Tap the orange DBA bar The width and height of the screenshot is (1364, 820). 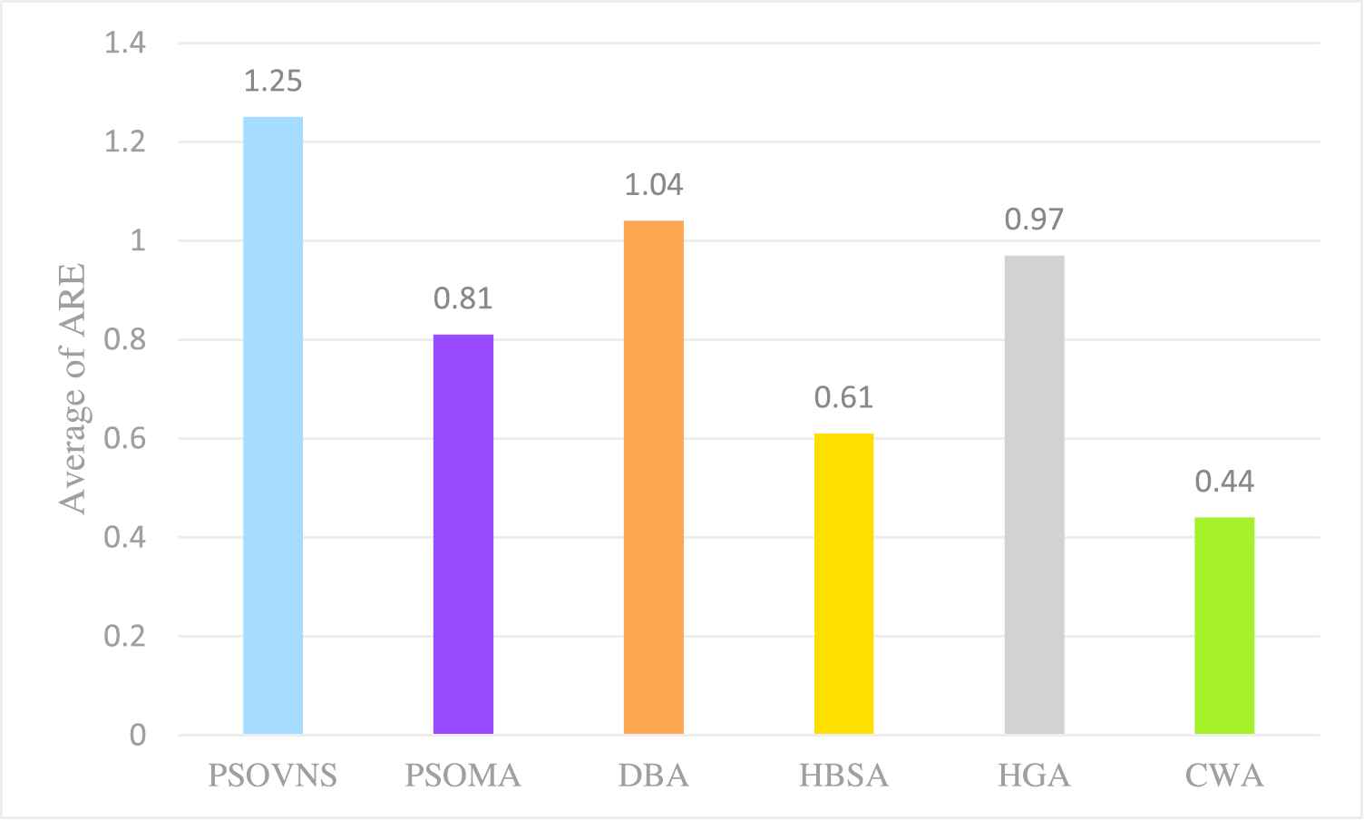point(654,477)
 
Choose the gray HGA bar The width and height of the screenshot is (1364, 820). point(1034,494)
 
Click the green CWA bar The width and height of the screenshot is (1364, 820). point(1224,625)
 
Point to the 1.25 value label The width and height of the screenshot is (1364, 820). point(273,82)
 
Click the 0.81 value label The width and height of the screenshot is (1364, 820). point(463,298)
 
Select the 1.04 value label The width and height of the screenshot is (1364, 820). point(654,185)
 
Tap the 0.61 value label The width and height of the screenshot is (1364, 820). point(843,397)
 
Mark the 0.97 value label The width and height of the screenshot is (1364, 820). point(1034,220)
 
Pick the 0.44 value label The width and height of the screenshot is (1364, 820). point(1224,482)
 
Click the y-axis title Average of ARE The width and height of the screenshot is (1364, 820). point(73,388)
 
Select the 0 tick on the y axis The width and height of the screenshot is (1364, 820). point(137,735)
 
